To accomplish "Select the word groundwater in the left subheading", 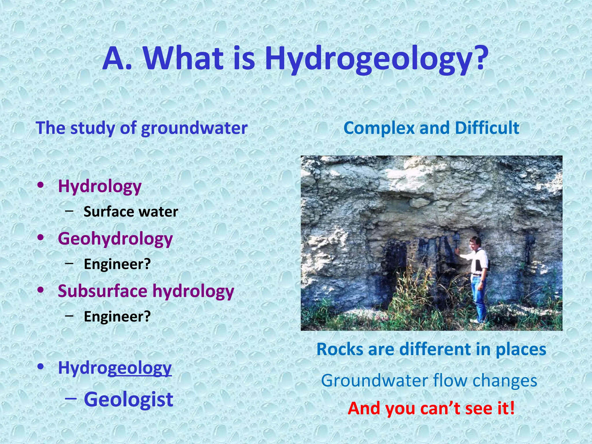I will click(x=194, y=128).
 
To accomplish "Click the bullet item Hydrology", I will click(x=100, y=186).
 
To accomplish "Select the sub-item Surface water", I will click(x=131, y=212).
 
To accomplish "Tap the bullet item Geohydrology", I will click(x=115, y=239).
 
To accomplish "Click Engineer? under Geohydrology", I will click(x=117, y=264).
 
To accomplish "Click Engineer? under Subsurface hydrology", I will click(x=117, y=317).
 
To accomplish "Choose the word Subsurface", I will click(x=103, y=291).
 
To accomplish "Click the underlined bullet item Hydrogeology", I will click(x=115, y=368).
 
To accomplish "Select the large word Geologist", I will click(x=128, y=399).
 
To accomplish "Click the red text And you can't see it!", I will click(x=431, y=408).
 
